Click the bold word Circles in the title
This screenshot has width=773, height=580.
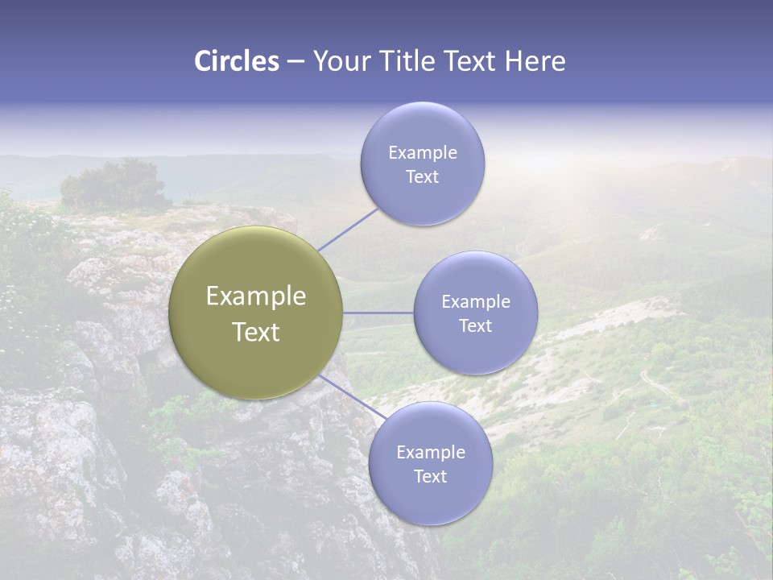[236, 61]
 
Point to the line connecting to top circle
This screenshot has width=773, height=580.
[348, 229]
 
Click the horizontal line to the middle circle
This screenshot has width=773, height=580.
[378, 313]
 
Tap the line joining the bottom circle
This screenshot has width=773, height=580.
[351, 397]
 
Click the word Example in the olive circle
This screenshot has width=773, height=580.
[256, 296]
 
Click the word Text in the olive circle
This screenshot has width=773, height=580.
[256, 332]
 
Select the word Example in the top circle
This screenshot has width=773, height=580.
[423, 153]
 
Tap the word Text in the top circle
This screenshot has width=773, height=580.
[422, 177]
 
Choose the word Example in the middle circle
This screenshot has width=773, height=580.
[476, 302]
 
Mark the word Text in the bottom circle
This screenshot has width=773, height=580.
[430, 477]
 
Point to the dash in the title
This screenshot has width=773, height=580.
[296, 62]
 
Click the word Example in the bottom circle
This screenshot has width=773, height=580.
[431, 453]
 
